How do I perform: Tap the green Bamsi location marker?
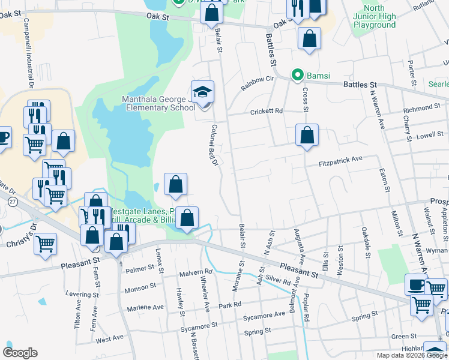[297, 76]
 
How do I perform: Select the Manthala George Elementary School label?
[158, 103]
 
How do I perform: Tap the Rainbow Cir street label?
[257, 82]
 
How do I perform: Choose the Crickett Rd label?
[267, 111]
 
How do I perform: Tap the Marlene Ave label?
[145, 308]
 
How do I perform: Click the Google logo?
[20, 353]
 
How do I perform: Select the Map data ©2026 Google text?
[411, 355]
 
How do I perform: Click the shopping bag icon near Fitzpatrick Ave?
[307, 135]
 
